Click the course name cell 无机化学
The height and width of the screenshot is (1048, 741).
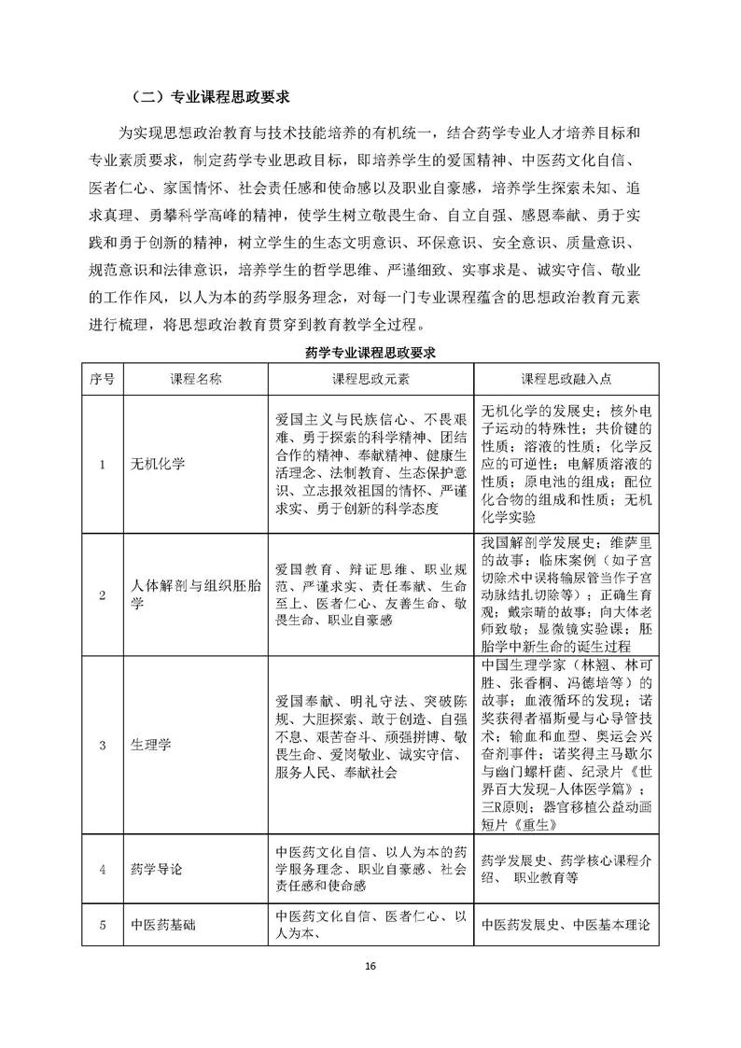pos(161,465)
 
